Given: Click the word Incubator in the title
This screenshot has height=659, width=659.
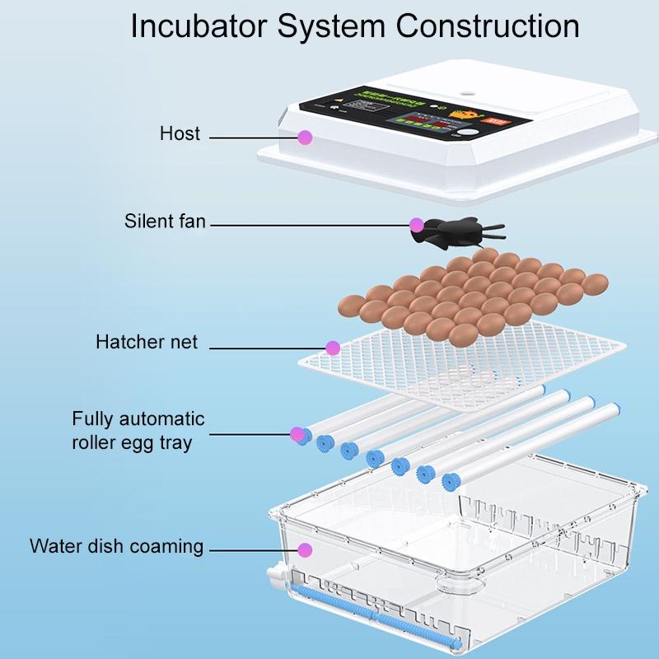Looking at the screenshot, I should tap(199, 26).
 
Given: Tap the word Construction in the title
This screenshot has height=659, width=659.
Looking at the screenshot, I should tap(488, 26).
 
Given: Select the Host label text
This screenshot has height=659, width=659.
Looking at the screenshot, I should tap(180, 133).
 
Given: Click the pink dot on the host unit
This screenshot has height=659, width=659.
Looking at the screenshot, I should tap(305, 138).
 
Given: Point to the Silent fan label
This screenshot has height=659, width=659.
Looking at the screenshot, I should tap(165, 221).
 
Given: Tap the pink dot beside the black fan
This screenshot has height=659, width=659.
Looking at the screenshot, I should tap(417, 224).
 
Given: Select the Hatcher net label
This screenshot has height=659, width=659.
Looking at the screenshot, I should tap(147, 342).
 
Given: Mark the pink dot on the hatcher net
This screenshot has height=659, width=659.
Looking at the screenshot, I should tap(333, 348).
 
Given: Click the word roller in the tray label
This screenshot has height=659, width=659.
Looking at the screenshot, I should tap(96, 442).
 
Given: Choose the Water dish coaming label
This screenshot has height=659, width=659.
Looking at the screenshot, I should tap(116, 546).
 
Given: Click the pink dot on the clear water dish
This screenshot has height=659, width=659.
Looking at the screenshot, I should tap(305, 549).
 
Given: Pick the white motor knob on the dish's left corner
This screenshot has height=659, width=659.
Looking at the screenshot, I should tap(275, 576).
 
